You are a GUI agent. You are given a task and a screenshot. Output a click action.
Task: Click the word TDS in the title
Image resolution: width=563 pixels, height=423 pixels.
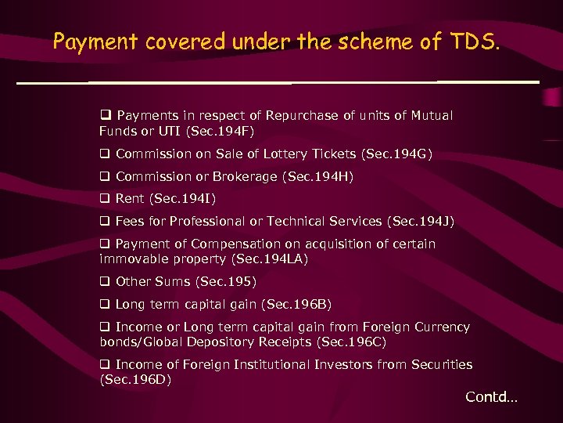point(472,42)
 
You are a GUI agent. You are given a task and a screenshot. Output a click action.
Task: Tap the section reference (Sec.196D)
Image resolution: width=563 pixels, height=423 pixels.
point(136,379)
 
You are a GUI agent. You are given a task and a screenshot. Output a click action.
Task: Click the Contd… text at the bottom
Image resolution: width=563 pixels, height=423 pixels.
point(491,397)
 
